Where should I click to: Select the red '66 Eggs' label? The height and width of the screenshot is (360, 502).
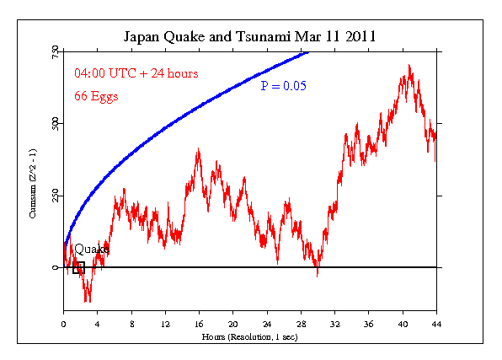click(x=95, y=95)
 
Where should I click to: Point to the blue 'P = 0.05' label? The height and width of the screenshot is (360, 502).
click(x=283, y=84)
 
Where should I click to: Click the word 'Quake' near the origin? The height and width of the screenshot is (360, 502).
click(x=92, y=250)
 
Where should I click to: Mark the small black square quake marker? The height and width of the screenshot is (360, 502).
click(x=78, y=268)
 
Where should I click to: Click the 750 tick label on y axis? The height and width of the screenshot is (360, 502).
click(x=54, y=52)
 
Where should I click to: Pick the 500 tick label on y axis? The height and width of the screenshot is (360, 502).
click(x=54, y=124)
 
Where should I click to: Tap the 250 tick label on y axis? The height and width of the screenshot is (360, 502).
click(x=54, y=196)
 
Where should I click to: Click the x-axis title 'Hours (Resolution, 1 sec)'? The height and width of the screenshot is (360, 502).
click(x=250, y=336)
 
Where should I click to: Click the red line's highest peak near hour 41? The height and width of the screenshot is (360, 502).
click(x=409, y=66)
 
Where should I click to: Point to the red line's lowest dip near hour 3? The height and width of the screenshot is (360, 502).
click(x=87, y=299)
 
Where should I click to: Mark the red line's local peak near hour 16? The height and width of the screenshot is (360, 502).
click(x=198, y=150)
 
